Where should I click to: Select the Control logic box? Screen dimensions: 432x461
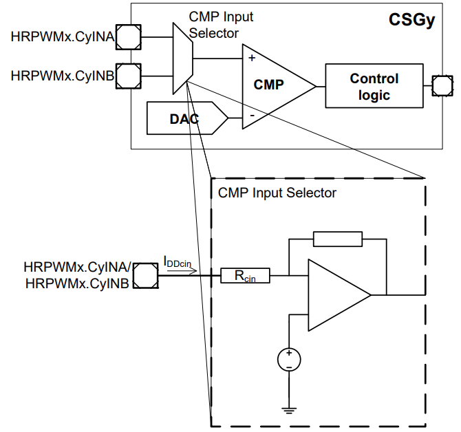point(374,87)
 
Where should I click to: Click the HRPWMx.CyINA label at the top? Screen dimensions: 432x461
point(62,36)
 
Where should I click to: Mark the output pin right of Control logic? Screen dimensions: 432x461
point(440,87)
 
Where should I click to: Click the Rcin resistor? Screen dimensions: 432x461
point(244,277)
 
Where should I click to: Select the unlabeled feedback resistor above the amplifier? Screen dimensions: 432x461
point(337,239)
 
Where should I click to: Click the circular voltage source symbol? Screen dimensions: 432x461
point(289,359)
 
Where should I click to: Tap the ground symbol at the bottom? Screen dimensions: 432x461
point(289,411)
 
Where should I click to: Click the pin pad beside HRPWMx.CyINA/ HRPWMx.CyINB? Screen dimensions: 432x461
point(144,277)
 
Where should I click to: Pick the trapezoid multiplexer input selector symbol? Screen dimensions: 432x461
point(181,56)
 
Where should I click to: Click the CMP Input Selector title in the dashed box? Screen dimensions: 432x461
point(277,193)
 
